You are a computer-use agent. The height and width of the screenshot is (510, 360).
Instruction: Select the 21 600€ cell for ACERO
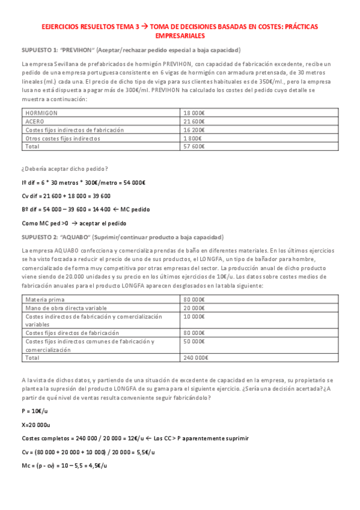[194, 121]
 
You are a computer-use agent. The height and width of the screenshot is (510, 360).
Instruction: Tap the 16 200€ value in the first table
[194, 129]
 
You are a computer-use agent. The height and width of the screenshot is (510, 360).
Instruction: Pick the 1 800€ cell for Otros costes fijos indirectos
[193, 138]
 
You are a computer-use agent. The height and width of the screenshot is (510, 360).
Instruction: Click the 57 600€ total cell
[194, 146]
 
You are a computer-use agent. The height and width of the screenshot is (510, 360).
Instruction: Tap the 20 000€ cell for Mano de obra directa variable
[194, 307]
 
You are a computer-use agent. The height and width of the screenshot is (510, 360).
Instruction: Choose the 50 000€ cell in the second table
[194, 341]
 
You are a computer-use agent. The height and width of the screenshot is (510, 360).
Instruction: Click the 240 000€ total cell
[196, 358]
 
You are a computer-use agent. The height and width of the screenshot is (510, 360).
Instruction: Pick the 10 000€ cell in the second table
[194, 316]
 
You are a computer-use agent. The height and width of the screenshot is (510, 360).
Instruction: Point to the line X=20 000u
[36, 424]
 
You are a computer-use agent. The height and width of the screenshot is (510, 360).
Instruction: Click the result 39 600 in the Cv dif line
[100, 195]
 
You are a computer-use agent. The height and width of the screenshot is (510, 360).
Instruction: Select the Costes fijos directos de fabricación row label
[72, 333]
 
